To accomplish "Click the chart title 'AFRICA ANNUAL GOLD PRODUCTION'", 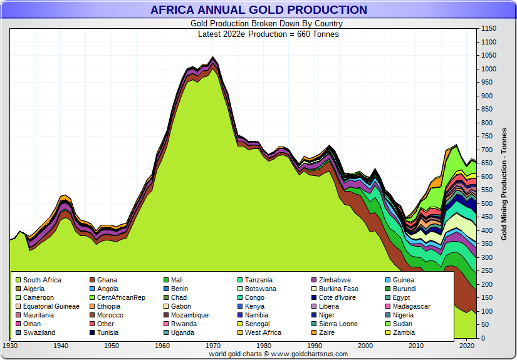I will pyautogui.click(x=259, y=10).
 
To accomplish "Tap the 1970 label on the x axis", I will pyautogui.click(x=213, y=346).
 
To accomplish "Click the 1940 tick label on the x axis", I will pyautogui.click(x=61, y=346).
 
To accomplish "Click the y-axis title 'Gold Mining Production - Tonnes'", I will pyautogui.click(x=504, y=184).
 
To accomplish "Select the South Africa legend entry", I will pyautogui.click(x=42, y=280).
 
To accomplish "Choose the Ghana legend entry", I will pyautogui.click(x=107, y=280).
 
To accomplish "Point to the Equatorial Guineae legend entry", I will pyautogui.click(x=51, y=307).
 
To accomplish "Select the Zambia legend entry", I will pyautogui.click(x=404, y=333).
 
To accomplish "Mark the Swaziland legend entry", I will pyautogui.click(x=39, y=333).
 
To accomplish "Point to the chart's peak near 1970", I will pyautogui.click(x=213, y=58).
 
